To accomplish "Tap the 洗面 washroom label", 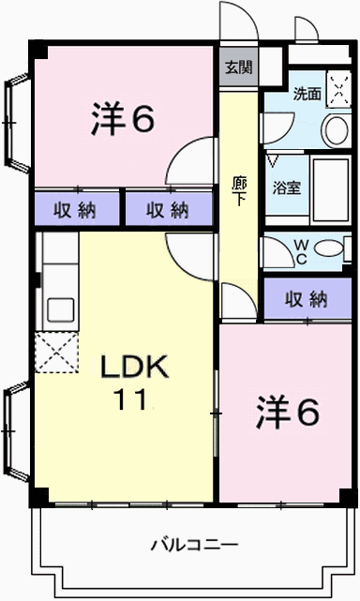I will tap(307, 94).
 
